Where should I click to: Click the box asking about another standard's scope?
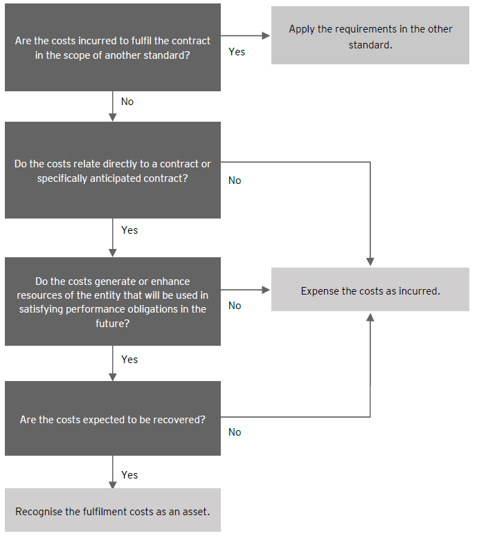coord(112,48)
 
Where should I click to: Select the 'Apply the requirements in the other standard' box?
coord(370,35)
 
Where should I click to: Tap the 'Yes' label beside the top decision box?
coord(237,52)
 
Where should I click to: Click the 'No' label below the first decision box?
coord(127,102)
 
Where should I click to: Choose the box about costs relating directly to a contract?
coord(112,171)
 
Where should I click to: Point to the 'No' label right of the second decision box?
coord(235,180)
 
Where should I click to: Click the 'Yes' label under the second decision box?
coord(129,230)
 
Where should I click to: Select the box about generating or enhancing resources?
coord(112,302)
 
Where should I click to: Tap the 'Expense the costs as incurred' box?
coord(370,290)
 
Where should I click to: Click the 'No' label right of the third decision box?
coord(235,306)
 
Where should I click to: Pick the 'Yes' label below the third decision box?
coord(129,360)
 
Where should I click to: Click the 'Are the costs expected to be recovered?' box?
coord(112,419)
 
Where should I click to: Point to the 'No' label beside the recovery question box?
coord(235,432)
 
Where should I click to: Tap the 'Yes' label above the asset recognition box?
coord(129,475)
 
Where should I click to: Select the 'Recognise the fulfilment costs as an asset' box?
coord(112,511)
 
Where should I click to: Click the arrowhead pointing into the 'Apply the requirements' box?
coord(266,35)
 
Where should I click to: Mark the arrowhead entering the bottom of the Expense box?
coord(370,316)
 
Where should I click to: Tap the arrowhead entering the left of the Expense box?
coord(266,290)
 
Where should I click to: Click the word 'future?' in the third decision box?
coord(112,322)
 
